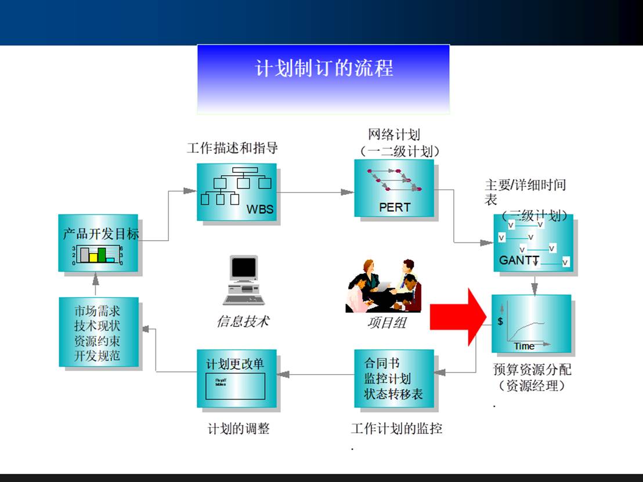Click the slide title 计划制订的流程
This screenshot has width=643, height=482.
click(x=324, y=68)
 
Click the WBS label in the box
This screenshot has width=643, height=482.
click(x=259, y=209)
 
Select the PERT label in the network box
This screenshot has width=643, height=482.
click(x=395, y=207)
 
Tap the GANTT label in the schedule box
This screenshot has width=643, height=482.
click(x=519, y=260)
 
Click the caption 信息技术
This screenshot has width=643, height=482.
click(x=243, y=321)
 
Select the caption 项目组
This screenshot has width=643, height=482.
click(x=386, y=322)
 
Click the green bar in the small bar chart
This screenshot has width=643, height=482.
click(x=102, y=254)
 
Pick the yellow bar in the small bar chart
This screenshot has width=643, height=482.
click(x=93, y=257)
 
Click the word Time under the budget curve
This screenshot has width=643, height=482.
click(x=523, y=346)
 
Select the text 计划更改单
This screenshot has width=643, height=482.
click(x=235, y=364)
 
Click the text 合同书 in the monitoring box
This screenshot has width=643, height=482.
click(x=381, y=364)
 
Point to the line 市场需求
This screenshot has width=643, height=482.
click(x=97, y=311)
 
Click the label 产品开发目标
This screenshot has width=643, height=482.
click(x=100, y=234)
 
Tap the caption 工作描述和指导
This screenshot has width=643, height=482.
click(x=232, y=148)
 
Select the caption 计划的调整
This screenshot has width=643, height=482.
click(x=239, y=429)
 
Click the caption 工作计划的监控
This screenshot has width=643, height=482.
click(x=396, y=429)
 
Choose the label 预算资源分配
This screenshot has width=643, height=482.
click(x=532, y=369)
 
